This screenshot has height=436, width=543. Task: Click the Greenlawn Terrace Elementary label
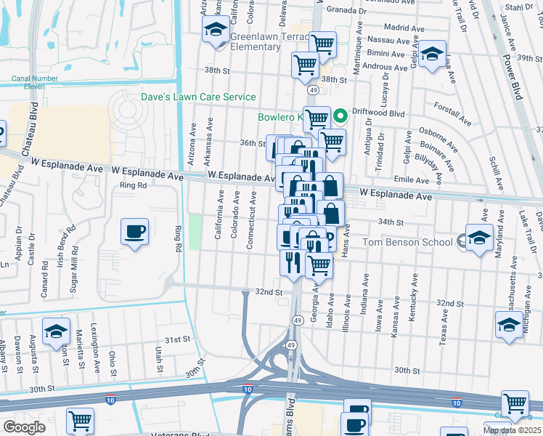click(255, 41)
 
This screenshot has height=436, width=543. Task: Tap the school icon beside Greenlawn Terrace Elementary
click(215, 31)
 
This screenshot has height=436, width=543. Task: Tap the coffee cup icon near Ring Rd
click(134, 232)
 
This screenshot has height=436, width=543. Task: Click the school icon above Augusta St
click(56, 331)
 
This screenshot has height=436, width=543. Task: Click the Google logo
click(24, 427)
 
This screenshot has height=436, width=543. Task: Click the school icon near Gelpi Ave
click(432, 55)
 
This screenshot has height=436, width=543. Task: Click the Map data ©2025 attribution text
click(512, 430)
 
